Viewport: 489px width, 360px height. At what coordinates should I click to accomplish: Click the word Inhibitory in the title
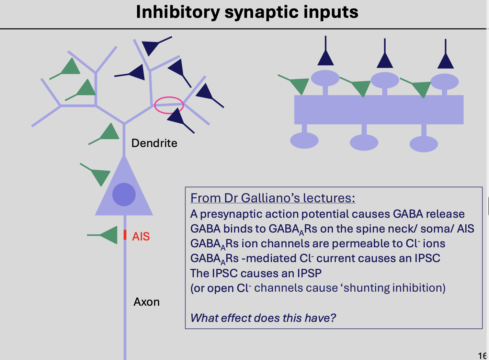pyautogui.click(x=178, y=12)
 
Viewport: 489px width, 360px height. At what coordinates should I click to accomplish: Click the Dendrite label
pyautogui.click(x=154, y=143)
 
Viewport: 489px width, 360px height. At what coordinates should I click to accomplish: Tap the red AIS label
pyautogui.click(x=141, y=236)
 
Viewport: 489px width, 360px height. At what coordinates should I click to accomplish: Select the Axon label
pyautogui.click(x=147, y=302)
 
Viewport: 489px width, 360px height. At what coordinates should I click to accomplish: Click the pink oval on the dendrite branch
pyautogui.click(x=169, y=105)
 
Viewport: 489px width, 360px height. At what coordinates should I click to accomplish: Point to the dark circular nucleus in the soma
pyautogui.click(x=124, y=194)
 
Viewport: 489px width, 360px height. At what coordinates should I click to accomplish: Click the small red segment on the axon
pyautogui.click(x=125, y=235)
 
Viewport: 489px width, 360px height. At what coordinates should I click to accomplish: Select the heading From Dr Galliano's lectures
pyautogui.click(x=273, y=198)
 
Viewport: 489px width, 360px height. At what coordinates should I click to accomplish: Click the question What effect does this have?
pyautogui.click(x=263, y=318)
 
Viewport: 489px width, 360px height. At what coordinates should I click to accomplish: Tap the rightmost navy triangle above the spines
pyautogui.click(x=445, y=61)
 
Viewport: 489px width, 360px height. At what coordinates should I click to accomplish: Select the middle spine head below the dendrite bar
pyautogui.click(x=364, y=142)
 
